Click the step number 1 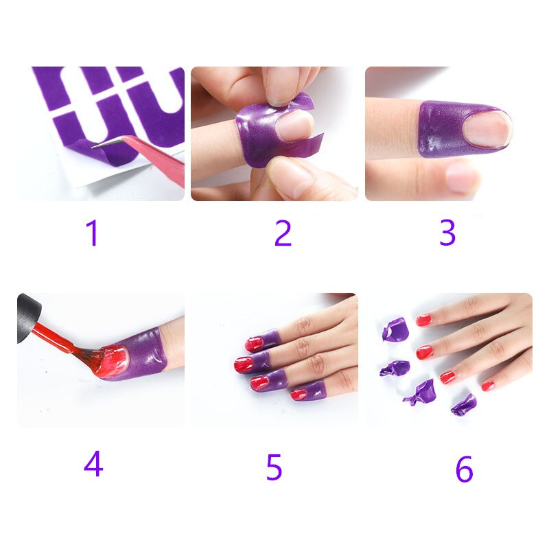click(92, 233)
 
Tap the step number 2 click(283, 233)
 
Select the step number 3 click(447, 233)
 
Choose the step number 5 click(274, 467)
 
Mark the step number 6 click(464, 469)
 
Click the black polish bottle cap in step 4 click(27, 318)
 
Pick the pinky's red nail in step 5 click(299, 394)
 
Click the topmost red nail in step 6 click(423, 320)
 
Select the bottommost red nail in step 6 click(488, 386)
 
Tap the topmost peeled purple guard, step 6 click(396, 329)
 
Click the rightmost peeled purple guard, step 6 click(464, 405)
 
